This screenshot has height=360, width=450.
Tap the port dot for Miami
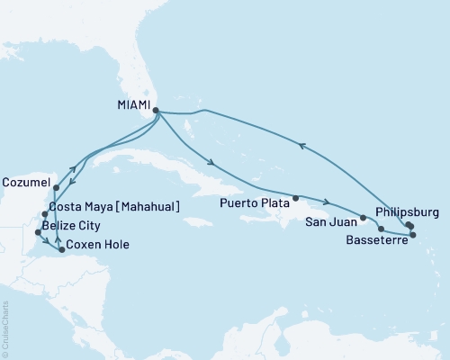[x=157, y=112]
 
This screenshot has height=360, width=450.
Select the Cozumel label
[x=26, y=180]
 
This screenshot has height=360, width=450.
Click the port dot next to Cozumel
[x=56, y=188]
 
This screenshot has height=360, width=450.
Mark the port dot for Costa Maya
[x=45, y=213]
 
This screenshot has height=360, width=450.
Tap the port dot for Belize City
[x=37, y=233]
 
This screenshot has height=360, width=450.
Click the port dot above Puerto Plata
[x=295, y=198]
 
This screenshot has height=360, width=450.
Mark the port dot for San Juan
[x=363, y=218]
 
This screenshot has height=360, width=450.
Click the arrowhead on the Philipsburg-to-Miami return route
[x=302, y=143]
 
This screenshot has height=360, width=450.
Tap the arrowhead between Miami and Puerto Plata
[x=210, y=164]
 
